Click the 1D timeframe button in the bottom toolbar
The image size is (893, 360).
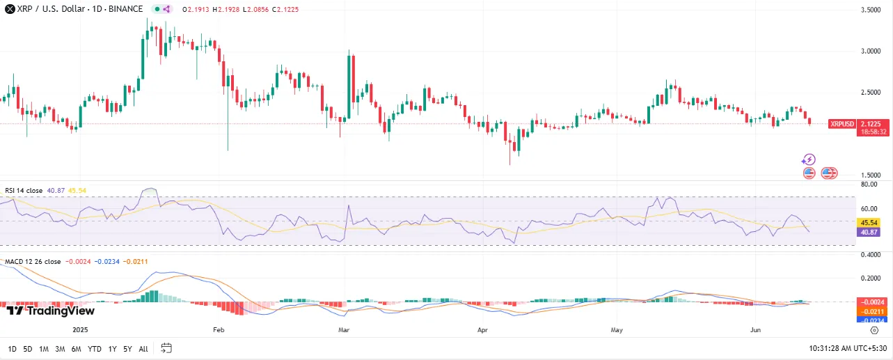click(x=13, y=348)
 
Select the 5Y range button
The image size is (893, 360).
click(x=127, y=348)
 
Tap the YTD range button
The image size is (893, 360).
click(x=95, y=348)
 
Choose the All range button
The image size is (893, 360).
click(x=143, y=348)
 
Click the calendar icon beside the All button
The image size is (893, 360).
click(x=166, y=347)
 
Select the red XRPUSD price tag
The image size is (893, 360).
click(x=841, y=124)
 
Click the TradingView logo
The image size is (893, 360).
click(x=50, y=311)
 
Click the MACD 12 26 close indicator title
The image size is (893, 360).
click(x=33, y=261)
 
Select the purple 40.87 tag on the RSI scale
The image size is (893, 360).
click(x=867, y=232)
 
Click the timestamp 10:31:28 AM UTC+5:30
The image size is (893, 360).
click(x=848, y=348)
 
